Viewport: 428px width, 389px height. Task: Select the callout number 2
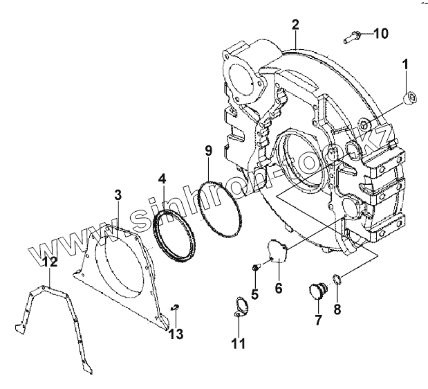[x=295, y=26]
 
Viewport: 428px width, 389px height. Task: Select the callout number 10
[x=382, y=33]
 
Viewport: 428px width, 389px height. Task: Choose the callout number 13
[x=178, y=334]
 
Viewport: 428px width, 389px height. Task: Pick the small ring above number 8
[x=335, y=280]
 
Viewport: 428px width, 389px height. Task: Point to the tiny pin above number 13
[x=175, y=307]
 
